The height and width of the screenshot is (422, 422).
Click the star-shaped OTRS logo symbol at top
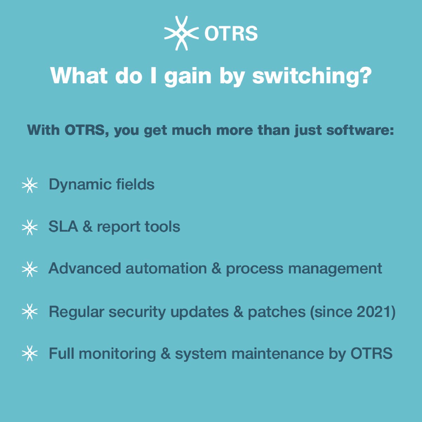point(181,33)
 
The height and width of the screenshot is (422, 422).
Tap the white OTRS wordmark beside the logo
point(231,34)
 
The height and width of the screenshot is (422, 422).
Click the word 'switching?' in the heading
point(312,76)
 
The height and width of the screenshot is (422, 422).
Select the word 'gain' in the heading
point(188,76)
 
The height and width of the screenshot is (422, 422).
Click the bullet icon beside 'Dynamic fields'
point(30,185)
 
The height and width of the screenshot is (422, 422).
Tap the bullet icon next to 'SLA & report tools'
point(30,228)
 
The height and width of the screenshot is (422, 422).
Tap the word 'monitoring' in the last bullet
point(117,354)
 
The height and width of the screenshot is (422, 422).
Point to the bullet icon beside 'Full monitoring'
point(30,353)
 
